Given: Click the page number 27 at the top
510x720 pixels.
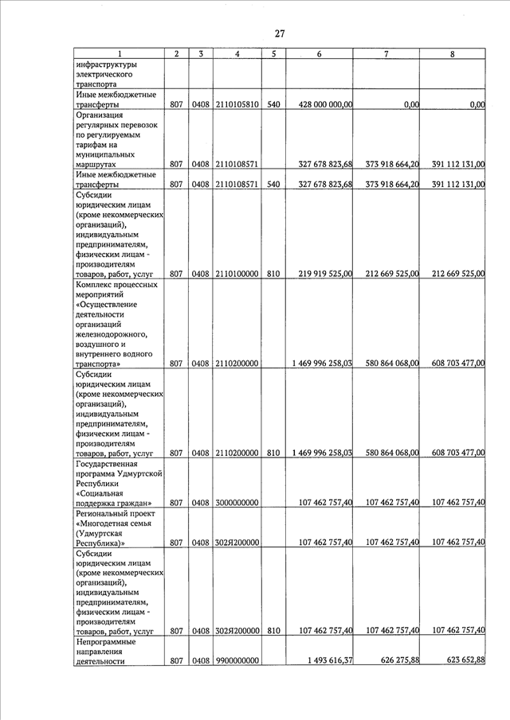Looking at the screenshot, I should pyautogui.click(x=279, y=33).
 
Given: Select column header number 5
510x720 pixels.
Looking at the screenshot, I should pyautogui.click(x=273, y=53).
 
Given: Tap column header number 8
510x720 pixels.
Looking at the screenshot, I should pyautogui.click(x=453, y=53).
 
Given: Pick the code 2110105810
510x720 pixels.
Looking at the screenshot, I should pyautogui.click(x=237, y=104).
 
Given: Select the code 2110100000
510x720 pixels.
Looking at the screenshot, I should pyautogui.click(x=237, y=273).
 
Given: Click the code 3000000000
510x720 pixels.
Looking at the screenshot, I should pyautogui.click(x=237, y=502).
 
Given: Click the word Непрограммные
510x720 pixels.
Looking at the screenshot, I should pyautogui.click(x=106, y=640).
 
